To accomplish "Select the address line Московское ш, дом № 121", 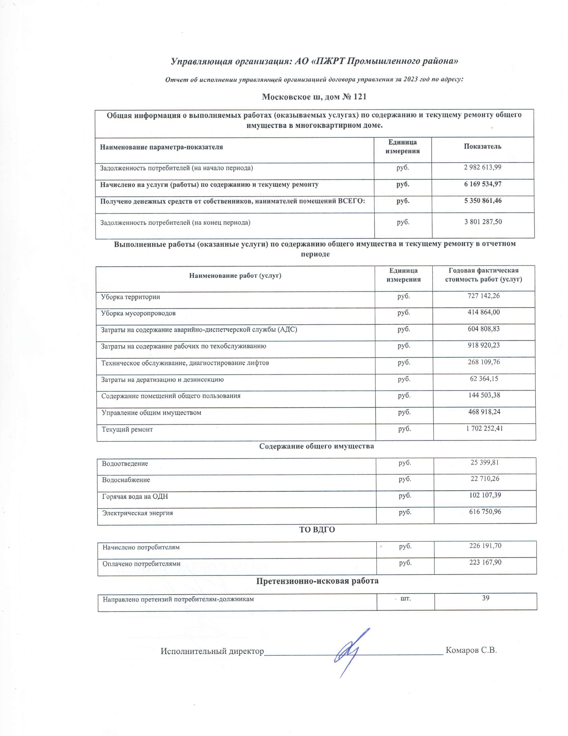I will tap(314, 97).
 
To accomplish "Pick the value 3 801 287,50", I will tap(483, 222).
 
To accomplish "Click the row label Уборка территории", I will tap(131, 297).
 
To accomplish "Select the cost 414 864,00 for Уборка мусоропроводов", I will tap(484, 312).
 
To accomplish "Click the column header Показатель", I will tap(482, 147).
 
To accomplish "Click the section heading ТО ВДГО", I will tap(317, 530).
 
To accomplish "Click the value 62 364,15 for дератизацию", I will tap(484, 378).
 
